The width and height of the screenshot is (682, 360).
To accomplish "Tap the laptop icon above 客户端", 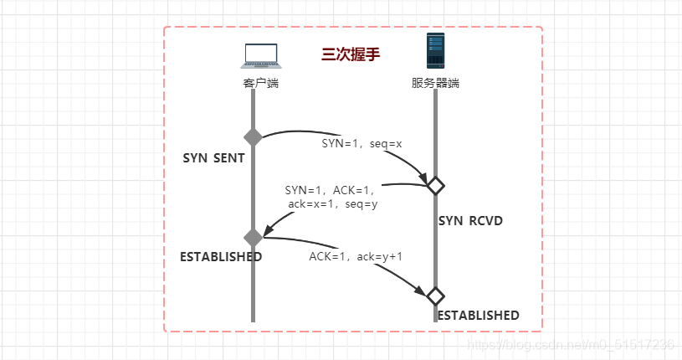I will pos(261,55).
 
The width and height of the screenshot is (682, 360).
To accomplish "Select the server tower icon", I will pos(435,52).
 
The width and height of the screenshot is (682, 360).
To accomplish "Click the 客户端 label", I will pos(261,83).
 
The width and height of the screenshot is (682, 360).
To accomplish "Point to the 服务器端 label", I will pos(435,83).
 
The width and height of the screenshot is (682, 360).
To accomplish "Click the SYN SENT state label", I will pos(213,157).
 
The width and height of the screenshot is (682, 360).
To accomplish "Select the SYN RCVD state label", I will pos(470,221).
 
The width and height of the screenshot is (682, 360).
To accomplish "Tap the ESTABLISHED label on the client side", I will pos(221,256).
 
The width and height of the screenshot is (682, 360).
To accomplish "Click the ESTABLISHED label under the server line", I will pos(478,316).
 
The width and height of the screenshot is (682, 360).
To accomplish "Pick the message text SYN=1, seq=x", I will pos(362,143).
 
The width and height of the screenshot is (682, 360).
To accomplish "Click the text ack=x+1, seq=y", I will pos(332,204).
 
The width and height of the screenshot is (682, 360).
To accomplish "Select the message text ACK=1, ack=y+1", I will pos(356,256).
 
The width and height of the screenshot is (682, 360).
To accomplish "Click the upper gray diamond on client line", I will pos(253,137).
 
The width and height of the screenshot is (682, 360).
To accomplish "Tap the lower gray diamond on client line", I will pos(253,237).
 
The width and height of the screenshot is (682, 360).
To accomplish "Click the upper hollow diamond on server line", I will pos(435,185).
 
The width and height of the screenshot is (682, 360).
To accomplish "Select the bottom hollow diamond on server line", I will pos(435,296).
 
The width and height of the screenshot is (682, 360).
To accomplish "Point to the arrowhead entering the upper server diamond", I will pos(423,178).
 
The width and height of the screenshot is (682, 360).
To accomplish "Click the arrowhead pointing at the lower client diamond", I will pos(267,230).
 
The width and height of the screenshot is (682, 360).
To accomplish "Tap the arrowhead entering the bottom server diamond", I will pos(422,290).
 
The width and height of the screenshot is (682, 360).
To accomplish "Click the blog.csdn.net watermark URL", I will pos(570,344).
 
